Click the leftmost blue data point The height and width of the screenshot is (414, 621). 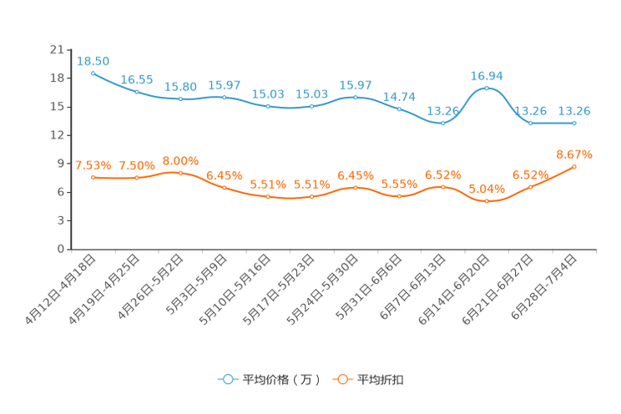pos(93,73)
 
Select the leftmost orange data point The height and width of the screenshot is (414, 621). pos(93,178)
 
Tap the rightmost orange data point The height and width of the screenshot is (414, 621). pos(574,167)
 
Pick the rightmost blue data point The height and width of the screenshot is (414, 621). pos(574,124)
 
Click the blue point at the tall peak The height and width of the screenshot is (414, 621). pos(487,88)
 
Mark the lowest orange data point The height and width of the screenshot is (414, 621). pos(487,201)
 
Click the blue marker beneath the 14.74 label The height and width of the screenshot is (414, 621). pos(399,109)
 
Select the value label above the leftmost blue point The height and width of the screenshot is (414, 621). pos(93,61)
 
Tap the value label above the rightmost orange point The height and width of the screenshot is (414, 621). pos(574,154)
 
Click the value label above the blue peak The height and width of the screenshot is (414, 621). pos(487,76)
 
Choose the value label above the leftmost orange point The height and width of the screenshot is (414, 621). pos(93,165)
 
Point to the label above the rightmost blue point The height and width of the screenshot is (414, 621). pos(574,112)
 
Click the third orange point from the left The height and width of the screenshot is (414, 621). pos(180,173)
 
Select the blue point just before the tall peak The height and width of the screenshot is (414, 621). pos(442,124)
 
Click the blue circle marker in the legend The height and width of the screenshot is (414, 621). pos(226,379)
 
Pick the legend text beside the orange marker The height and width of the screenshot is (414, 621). pos(381,380)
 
